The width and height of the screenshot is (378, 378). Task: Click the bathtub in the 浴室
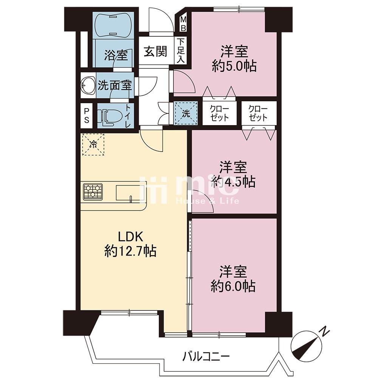(113, 25)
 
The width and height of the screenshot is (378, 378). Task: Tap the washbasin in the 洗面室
(88, 85)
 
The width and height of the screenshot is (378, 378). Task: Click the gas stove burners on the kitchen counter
(93, 192)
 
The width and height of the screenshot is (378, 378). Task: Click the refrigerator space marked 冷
(93, 145)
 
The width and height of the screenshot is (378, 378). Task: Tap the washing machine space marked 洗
(186, 113)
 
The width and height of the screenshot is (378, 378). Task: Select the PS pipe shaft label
(87, 115)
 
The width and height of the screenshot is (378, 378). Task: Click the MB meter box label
(183, 23)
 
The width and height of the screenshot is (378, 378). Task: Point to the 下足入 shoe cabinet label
(181, 51)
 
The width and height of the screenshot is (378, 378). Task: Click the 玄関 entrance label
(155, 51)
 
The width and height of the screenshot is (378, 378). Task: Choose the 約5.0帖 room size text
(234, 65)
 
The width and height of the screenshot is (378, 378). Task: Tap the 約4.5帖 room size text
(233, 182)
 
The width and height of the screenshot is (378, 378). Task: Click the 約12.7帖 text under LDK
(130, 251)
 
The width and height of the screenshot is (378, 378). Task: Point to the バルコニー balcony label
(206, 356)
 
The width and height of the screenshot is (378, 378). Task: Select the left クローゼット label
(219, 113)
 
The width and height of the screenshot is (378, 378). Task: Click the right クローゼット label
(258, 113)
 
